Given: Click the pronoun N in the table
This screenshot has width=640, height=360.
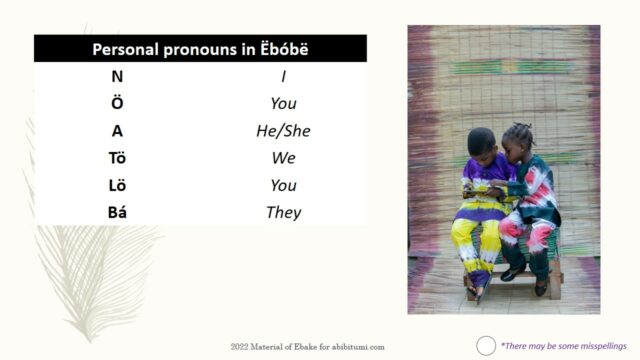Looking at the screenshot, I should (118, 75).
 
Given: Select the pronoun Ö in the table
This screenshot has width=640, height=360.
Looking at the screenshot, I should (118, 102).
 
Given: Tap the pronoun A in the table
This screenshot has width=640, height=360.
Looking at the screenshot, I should (118, 130).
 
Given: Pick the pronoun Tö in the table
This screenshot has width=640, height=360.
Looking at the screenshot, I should (118, 157).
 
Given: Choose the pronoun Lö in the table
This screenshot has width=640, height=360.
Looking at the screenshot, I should (118, 185).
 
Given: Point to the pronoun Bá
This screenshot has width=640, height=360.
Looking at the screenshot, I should (118, 212).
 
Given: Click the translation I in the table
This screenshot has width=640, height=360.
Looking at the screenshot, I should (283, 75).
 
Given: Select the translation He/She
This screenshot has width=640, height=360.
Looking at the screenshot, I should (283, 130).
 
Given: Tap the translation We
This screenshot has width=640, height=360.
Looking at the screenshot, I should (283, 157).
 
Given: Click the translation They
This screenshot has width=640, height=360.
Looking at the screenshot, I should (283, 212).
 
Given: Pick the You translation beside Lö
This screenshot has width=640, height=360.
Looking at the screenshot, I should (283, 185).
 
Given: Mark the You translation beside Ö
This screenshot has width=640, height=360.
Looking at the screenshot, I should (283, 102).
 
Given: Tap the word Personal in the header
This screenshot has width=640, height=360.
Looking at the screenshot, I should (127, 48).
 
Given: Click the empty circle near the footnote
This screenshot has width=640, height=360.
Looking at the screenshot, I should (486, 346).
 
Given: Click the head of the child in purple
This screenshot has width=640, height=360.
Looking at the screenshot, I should (482, 141).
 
